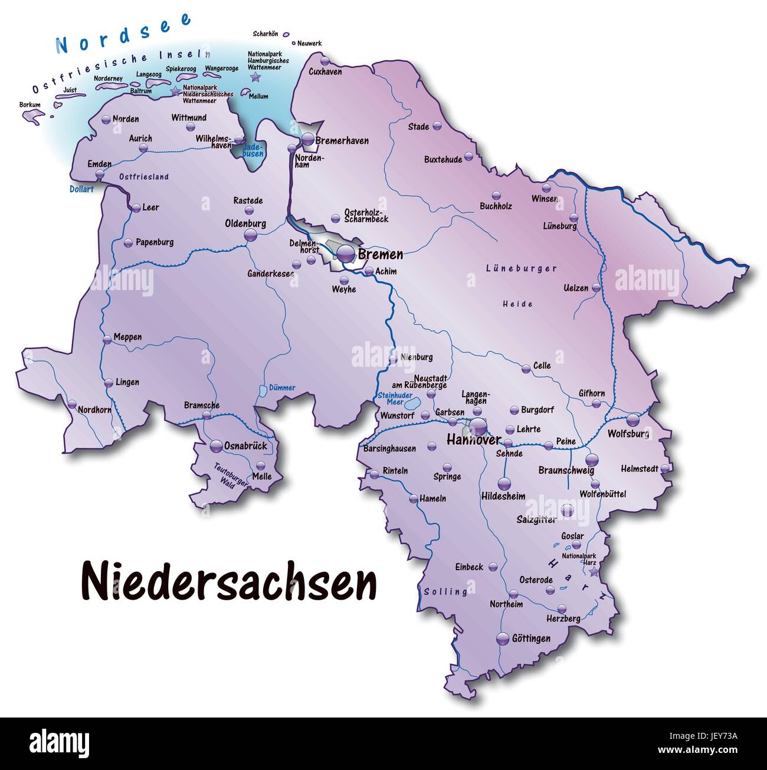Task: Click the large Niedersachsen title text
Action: [x=228, y=581]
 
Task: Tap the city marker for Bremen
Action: [x=346, y=254]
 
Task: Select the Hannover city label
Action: [x=473, y=440]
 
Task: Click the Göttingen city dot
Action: [x=502, y=638]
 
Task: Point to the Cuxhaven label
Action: [x=325, y=71]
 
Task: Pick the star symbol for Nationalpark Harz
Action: [x=593, y=571]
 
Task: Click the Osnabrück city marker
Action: [x=216, y=446]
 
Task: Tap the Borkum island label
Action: [x=29, y=105]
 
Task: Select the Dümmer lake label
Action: [x=282, y=388]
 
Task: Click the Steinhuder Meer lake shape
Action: [x=413, y=404]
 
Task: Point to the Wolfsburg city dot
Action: [x=632, y=420]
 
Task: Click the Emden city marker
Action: [x=100, y=174]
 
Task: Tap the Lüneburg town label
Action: [x=559, y=226]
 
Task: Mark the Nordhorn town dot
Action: [x=72, y=405]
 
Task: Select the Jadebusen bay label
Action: [x=253, y=150]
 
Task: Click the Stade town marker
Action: [x=437, y=126]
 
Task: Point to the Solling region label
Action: [x=445, y=591]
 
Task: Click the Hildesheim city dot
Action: [x=503, y=484]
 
